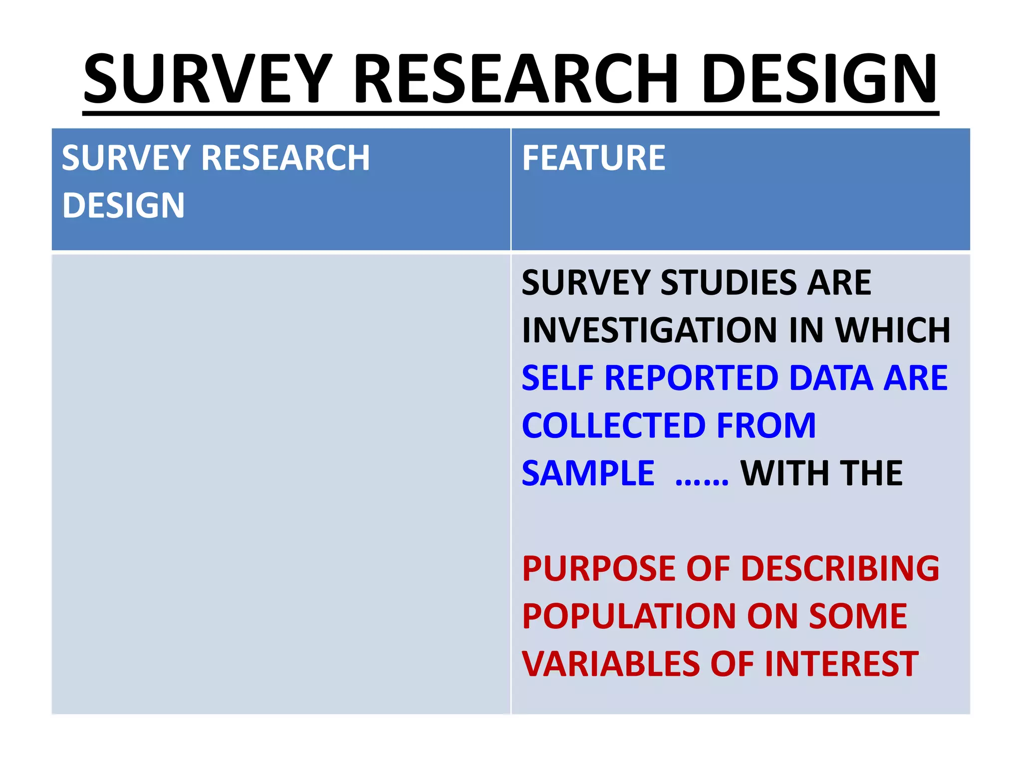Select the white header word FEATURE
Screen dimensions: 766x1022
click(593, 158)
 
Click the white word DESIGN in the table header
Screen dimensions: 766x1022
click(123, 205)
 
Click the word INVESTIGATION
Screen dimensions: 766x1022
click(649, 330)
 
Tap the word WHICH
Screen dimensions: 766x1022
click(893, 330)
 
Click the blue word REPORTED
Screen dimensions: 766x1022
click(692, 378)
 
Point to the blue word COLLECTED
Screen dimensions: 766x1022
click(612, 425)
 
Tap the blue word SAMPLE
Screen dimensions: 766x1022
click(588, 473)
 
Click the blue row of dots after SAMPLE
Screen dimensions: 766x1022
click(702, 481)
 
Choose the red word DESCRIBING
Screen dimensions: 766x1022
click(840, 569)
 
